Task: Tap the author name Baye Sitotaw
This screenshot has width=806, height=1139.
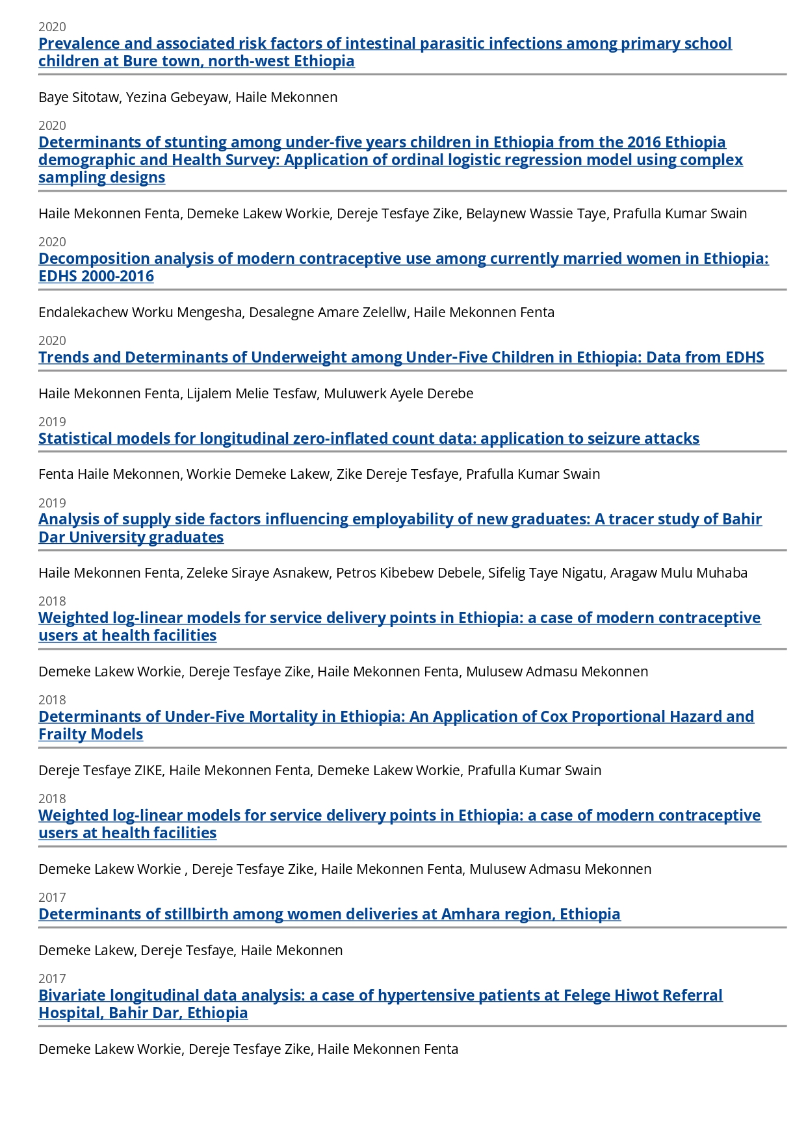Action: point(79,97)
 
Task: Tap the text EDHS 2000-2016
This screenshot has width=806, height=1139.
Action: point(96,276)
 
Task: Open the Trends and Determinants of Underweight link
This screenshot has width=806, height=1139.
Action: point(401,357)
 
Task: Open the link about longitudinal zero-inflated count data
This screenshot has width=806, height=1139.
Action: point(369,439)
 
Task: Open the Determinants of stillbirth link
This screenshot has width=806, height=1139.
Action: point(329,914)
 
